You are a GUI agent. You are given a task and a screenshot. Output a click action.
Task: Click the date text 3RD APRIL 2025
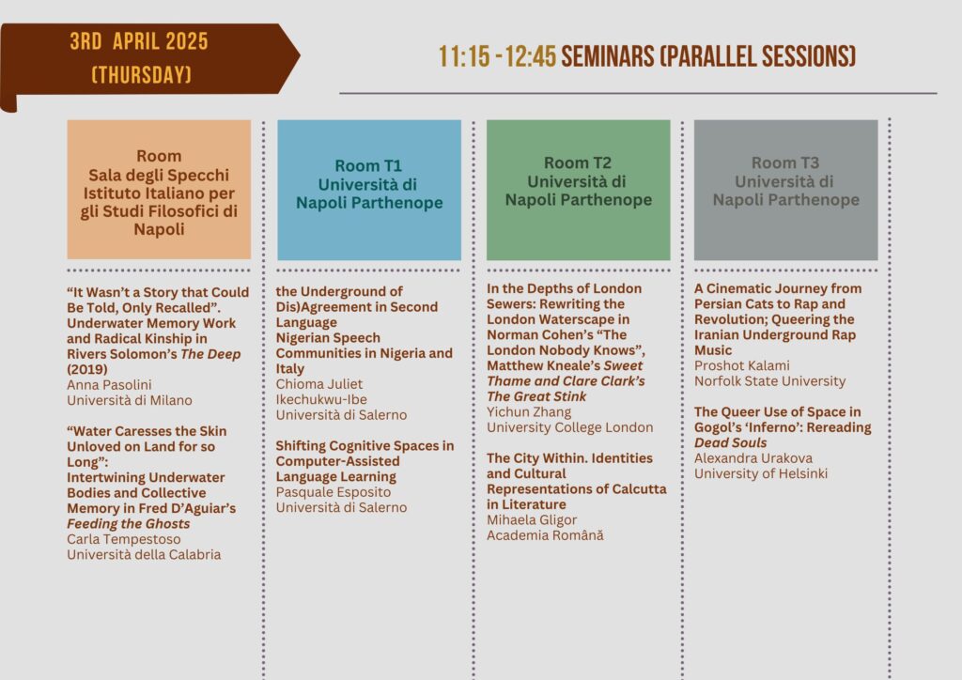pyautogui.click(x=139, y=41)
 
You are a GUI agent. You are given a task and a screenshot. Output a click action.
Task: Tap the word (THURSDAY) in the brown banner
pyautogui.click(x=141, y=75)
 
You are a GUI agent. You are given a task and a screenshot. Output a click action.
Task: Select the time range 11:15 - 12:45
pyautogui.click(x=497, y=56)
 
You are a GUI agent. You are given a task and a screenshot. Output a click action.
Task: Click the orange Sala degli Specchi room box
pyautogui.click(x=159, y=190)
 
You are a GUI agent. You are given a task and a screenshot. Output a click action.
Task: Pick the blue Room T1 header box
pyautogui.click(x=368, y=190)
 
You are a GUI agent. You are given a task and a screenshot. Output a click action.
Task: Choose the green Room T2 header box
pyautogui.click(x=578, y=190)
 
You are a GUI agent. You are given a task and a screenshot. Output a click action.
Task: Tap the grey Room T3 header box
pyautogui.click(x=786, y=190)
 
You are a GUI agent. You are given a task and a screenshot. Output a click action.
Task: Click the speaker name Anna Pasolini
pyautogui.click(x=109, y=384)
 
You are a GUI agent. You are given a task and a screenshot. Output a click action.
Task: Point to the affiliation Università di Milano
pyautogui.click(x=130, y=400)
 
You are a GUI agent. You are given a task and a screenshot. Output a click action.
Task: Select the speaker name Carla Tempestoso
pyautogui.click(x=124, y=539)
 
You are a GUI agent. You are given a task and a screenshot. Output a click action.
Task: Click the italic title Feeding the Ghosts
pyautogui.click(x=128, y=524)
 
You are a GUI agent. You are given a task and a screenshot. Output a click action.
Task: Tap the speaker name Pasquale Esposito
pyautogui.click(x=334, y=492)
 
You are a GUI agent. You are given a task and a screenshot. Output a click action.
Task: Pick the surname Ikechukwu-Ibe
pyautogui.click(x=321, y=399)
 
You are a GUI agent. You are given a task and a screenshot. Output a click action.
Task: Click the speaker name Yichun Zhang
pyautogui.click(x=529, y=412)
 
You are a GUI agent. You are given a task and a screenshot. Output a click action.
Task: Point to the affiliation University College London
pyautogui.click(x=570, y=427)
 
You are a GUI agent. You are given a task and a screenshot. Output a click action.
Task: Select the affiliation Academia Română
pyautogui.click(x=546, y=534)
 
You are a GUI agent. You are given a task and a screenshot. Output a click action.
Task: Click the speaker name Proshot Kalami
pyautogui.click(x=742, y=365)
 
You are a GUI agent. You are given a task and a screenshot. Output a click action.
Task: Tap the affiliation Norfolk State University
pyautogui.click(x=770, y=380)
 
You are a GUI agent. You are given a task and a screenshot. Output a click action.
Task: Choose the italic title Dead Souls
pyautogui.click(x=731, y=442)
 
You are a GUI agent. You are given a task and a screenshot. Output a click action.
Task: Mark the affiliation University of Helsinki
pyautogui.click(x=761, y=473)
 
